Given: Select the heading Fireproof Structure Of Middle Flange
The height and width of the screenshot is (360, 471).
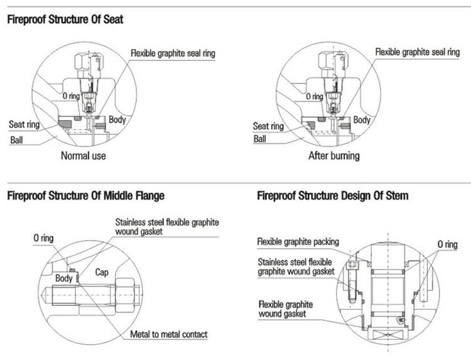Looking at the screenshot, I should point(85,196).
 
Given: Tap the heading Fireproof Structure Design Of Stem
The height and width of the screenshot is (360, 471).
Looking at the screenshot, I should point(333,196).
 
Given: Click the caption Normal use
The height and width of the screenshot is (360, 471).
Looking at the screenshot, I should point(83,155).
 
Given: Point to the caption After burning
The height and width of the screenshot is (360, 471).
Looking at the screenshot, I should point(333,155).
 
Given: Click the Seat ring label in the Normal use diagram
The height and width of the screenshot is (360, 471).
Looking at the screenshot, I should point(24,124).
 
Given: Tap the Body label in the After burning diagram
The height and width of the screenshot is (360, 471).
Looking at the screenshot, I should point(362,119).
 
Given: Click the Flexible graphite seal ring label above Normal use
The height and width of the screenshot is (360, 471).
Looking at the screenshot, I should point(173,53).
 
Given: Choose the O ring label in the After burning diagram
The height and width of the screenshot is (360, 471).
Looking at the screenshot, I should point(315,97).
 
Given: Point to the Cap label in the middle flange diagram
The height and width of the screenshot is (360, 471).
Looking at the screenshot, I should point(102,273).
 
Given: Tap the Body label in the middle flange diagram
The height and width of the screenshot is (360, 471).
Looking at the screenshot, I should point(64,277).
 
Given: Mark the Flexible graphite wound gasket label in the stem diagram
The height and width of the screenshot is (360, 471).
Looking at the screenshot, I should point(286,308).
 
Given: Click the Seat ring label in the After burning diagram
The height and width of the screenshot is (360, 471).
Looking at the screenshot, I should point(269,126).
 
